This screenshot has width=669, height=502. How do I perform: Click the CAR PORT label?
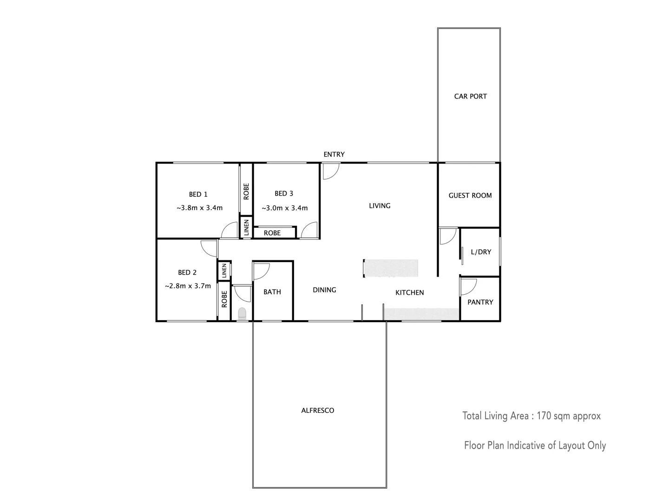[x=470, y=96]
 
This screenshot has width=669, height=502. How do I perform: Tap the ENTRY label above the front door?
[x=334, y=154]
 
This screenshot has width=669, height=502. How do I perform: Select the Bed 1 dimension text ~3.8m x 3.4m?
[x=199, y=208]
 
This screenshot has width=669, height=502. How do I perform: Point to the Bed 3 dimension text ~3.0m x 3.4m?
[x=284, y=208]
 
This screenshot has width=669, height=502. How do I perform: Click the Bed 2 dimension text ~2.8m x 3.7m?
[x=188, y=286]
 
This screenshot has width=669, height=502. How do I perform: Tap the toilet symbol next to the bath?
[x=242, y=314]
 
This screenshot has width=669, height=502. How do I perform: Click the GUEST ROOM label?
[x=470, y=196]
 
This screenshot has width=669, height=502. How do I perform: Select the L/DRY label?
[x=481, y=252]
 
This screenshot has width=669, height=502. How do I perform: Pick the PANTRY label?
[x=480, y=302]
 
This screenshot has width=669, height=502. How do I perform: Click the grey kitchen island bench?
[x=391, y=268]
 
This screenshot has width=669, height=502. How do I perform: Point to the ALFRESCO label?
[x=318, y=410]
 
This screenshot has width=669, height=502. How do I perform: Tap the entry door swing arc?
[x=331, y=172]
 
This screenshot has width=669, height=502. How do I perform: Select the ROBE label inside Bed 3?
[x=272, y=233]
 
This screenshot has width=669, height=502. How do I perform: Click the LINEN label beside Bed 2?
[x=224, y=271]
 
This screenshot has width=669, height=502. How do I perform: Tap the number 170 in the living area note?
[x=544, y=416]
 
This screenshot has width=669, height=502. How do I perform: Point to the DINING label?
[x=324, y=290]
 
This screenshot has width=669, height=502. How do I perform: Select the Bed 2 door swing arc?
[x=209, y=248]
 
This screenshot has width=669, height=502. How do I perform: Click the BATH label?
[x=272, y=292]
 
